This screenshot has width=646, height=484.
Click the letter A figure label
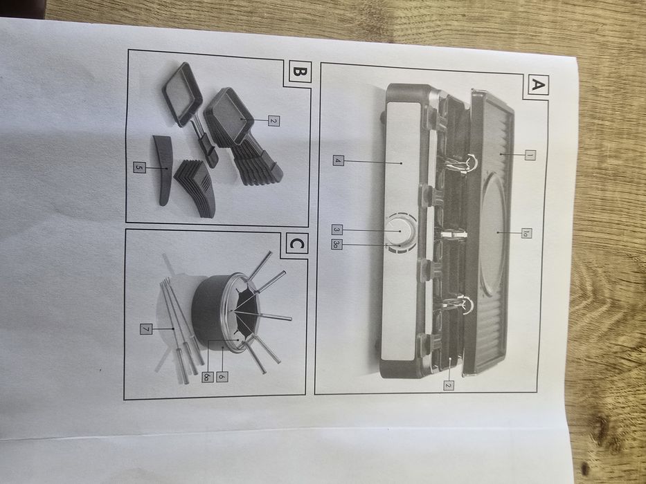[537, 85]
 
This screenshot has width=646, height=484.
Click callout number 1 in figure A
[530, 155]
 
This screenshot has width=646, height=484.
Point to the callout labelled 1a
[526, 234]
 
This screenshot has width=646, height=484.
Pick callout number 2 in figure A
[448, 385]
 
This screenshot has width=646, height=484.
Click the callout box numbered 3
[337, 230]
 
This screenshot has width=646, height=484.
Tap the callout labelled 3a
[337, 245]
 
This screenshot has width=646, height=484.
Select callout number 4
[339, 160]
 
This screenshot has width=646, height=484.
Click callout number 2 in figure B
[273, 120]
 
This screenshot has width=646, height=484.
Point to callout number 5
[139, 167]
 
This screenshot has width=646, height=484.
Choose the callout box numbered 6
[222, 376]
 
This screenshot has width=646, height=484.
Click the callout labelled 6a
[207, 376]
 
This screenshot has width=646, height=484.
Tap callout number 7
[145, 329]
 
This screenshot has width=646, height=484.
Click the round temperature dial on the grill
[400, 232]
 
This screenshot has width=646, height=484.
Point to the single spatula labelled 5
[163, 169]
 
